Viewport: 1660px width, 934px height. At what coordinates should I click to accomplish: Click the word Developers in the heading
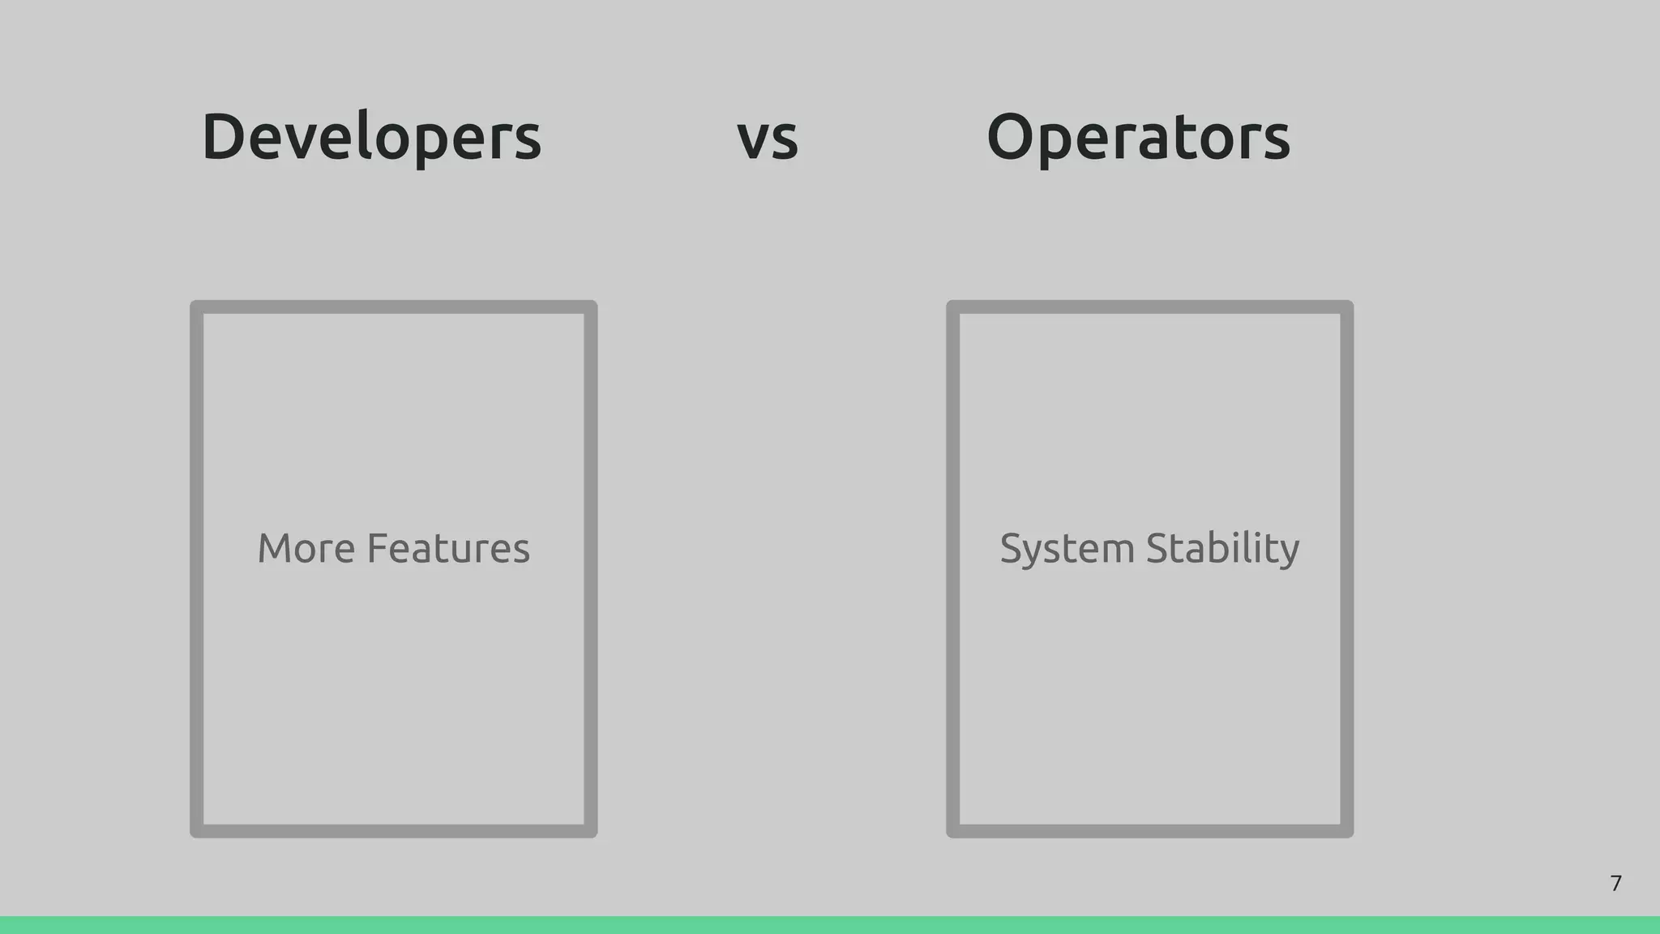point(371,138)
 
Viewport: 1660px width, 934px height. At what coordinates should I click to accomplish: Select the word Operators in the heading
point(1138,138)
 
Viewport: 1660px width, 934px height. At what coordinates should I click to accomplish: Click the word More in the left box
point(306,549)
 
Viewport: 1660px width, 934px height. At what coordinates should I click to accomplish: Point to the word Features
point(448,549)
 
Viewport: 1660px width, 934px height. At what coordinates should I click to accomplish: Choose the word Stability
point(1223,549)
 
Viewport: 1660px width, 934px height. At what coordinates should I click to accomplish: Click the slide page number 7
point(1615,883)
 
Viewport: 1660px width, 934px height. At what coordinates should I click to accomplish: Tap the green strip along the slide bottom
point(830,925)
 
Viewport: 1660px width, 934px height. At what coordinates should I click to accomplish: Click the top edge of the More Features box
point(394,307)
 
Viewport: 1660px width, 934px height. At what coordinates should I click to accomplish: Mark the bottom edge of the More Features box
point(394,831)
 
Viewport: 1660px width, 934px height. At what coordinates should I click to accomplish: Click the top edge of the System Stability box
point(1149,307)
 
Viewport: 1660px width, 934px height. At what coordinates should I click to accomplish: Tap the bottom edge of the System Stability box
point(1149,831)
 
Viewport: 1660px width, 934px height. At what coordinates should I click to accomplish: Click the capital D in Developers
point(223,136)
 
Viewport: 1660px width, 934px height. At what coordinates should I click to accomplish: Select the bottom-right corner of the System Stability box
point(1346,831)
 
